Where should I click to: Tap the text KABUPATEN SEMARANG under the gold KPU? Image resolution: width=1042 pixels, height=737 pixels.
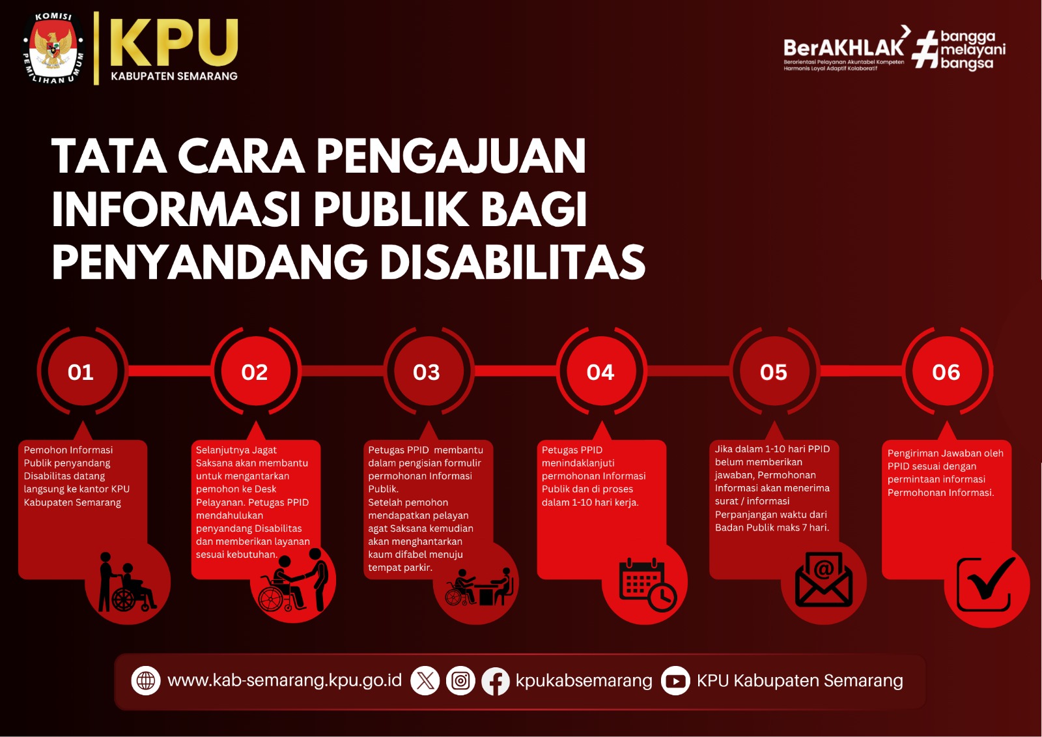pos(174,76)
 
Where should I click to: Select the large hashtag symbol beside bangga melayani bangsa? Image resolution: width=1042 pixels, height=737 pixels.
pos(925,50)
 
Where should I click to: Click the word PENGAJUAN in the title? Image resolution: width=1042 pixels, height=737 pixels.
pos(451,156)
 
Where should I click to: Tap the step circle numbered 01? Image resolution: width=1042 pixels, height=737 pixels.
pos(82,371)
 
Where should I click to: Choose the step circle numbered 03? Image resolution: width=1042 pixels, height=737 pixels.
pos(429,371)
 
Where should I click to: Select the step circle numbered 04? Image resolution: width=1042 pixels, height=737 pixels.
pos(601,371)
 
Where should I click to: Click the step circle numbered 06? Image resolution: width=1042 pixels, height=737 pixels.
pos(947,371)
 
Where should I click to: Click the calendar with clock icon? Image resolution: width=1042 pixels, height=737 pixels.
pos(647,584)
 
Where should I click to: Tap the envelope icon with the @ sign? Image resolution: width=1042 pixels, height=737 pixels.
pos(823,579)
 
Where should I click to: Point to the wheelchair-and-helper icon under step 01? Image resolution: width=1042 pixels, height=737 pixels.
pos(126,582)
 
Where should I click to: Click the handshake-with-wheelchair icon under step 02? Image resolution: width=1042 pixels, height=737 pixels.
pos(293,580)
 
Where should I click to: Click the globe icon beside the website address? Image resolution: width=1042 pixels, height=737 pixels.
pos(146,681)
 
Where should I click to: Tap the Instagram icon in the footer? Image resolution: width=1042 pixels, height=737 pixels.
pos(460,681)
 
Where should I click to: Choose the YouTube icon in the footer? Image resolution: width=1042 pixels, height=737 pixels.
pos(675,681)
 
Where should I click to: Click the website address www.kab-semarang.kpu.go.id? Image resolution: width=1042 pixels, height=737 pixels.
pos(284,681)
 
